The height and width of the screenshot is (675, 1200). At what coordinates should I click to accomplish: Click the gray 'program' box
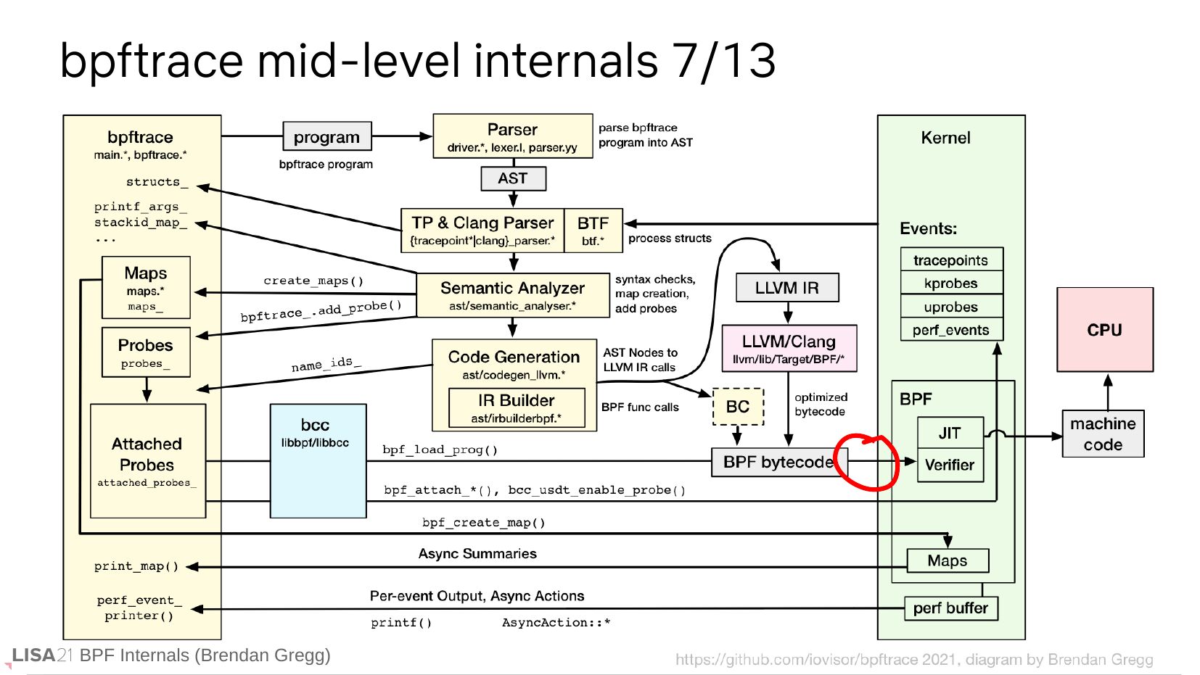(x=326, y=136)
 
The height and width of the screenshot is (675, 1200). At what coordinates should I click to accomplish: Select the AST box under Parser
(x=513, y=178)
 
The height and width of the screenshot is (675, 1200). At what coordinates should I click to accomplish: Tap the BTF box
(x=593, y=230)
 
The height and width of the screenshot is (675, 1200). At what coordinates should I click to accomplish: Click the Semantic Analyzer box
(x=512, y=295)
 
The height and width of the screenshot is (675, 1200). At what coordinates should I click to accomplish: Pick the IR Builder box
(x=517, y=407)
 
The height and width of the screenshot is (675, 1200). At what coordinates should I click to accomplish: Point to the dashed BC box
(x=738, y=407)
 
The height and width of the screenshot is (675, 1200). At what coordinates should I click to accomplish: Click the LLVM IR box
(x=787, y=288)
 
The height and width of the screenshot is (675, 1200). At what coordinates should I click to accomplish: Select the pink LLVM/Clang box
(x=789, y=348)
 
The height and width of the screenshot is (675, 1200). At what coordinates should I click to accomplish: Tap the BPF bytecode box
(x=778, y=462)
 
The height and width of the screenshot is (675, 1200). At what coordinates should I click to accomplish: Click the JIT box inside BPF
(x=950, y=433)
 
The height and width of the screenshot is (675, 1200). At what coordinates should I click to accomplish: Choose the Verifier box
(x=950, y=465)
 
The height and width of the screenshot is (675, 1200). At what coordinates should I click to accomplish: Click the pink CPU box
(x=1104, y=330)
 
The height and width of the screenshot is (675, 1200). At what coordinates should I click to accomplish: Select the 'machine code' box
(x=1103, y=434)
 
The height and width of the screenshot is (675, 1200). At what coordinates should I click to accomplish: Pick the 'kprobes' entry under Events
(x=951, y=283)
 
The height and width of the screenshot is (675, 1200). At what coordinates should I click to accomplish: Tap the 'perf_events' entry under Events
(x=951, y=330)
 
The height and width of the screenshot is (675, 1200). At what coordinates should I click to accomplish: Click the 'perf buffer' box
(x=950, y=608)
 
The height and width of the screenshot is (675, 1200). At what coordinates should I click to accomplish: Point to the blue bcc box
(x=318, y=461)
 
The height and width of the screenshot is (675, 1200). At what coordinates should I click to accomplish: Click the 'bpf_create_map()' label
(x=484, y=523)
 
